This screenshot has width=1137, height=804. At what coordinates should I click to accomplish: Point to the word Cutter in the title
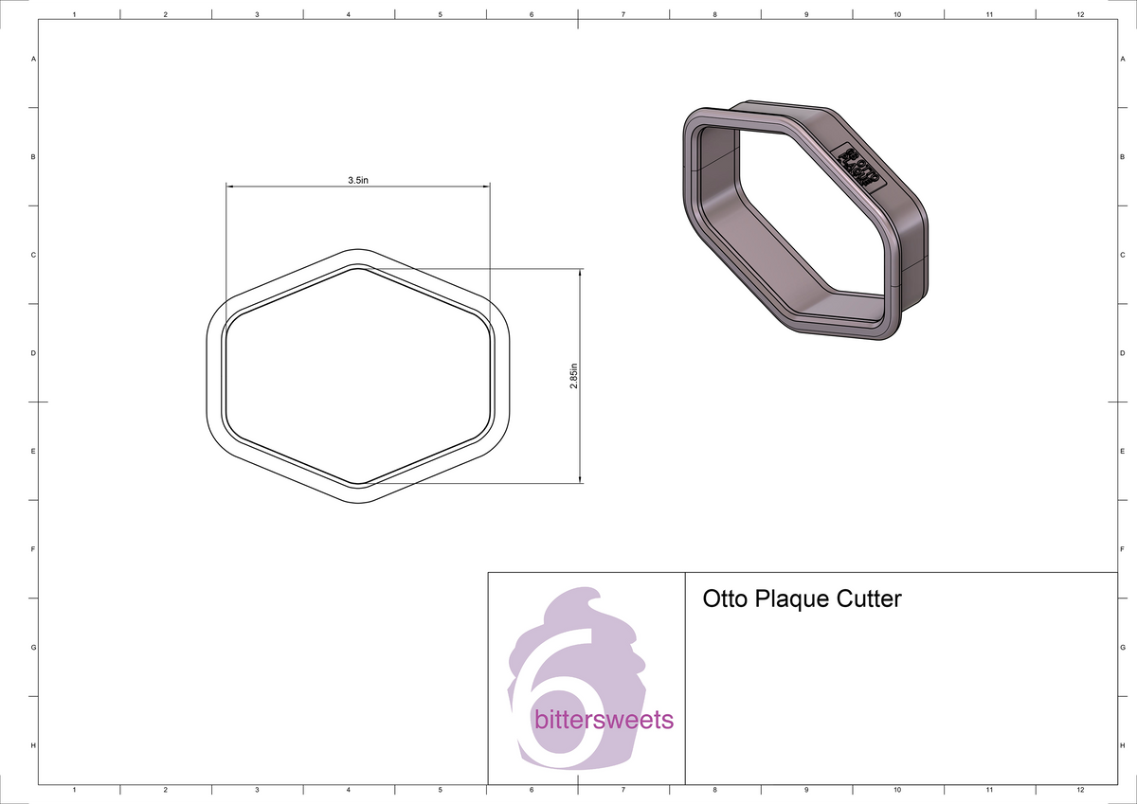pyautogui.click(x=869, y=599)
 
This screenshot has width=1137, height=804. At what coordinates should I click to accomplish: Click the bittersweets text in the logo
pyautogui.click(x=604, y=721)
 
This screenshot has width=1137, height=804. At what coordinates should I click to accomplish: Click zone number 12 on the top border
pyautogui.click(x=1080, y=14)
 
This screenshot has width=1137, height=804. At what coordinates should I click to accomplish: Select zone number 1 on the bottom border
pyautogui.click(x=74, y=789)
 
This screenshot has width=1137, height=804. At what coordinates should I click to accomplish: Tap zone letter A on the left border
pyautogui.click(x=34, y=59)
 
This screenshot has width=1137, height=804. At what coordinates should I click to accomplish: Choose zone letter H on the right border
pyautogui.click(x=1122, y=746)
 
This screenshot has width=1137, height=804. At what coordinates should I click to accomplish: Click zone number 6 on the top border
pyautogui.click(x=532, y=14)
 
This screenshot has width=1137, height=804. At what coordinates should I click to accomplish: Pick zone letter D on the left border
pyautogui.click(x=34, y=353)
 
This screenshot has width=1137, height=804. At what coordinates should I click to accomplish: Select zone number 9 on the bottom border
pyautogui.click(x=805, y=789)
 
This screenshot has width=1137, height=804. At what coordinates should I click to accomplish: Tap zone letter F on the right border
pyautogui.click(x=1122, y=549)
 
